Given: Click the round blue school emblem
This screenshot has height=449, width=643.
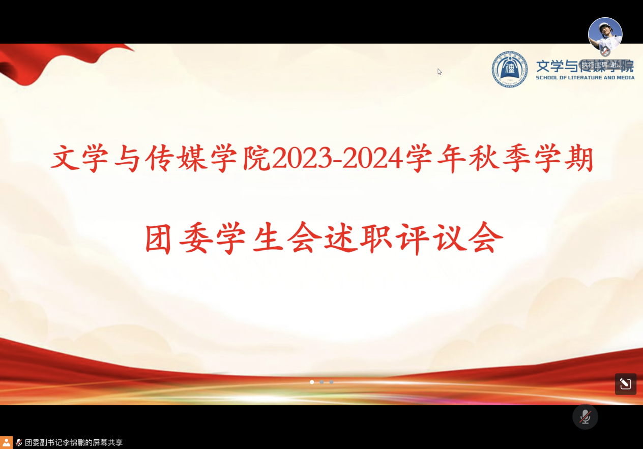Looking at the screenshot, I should (509, 70).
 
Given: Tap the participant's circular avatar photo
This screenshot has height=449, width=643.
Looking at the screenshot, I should (605, 35).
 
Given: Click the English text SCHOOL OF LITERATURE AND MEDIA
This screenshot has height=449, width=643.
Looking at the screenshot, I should (585, 78).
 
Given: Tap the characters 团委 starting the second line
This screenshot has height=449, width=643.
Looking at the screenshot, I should (179, 238).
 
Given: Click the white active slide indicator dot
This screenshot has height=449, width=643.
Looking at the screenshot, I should (312, 382).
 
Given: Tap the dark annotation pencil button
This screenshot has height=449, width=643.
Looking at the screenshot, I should (625, 384).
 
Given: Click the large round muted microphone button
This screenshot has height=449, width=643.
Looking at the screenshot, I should (585, 416).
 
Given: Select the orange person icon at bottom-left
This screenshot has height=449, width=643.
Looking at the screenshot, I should (6, 442).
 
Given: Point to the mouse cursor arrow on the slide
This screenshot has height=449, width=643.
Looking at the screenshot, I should (439, 71).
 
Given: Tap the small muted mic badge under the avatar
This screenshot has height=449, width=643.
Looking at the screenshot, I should (605, 52).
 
